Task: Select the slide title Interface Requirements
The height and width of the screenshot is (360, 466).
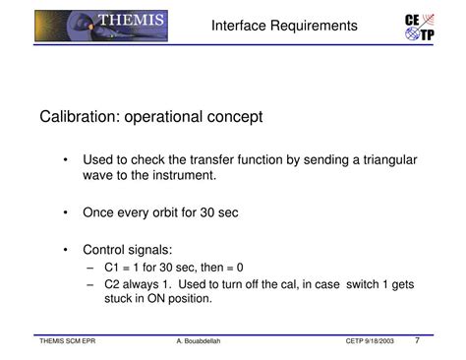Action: tap(284, 26)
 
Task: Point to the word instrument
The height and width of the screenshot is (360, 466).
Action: tap(181, 175)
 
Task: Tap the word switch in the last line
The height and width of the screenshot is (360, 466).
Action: tap(352, 284)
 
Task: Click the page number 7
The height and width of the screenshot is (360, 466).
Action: tap(417, 341)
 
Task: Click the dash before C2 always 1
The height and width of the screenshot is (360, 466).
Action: tap(90, 284)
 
